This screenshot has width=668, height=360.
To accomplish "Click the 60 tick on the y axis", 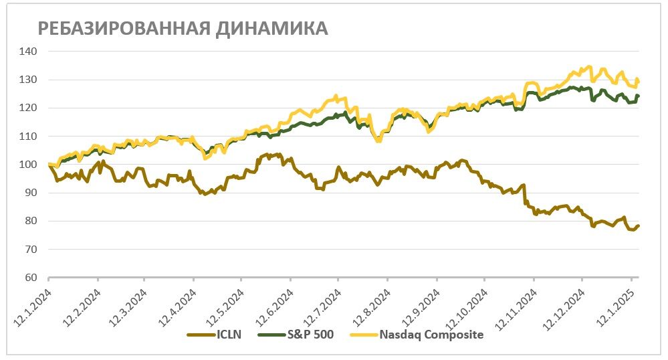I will pos(31,278).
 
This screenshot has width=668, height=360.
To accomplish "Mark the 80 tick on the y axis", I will pos(31,221).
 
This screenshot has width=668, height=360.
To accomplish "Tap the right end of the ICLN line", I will pos(639,226).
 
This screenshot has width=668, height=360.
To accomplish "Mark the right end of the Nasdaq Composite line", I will pos(639,81).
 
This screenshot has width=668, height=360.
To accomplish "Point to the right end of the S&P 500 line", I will pos(639,96).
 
